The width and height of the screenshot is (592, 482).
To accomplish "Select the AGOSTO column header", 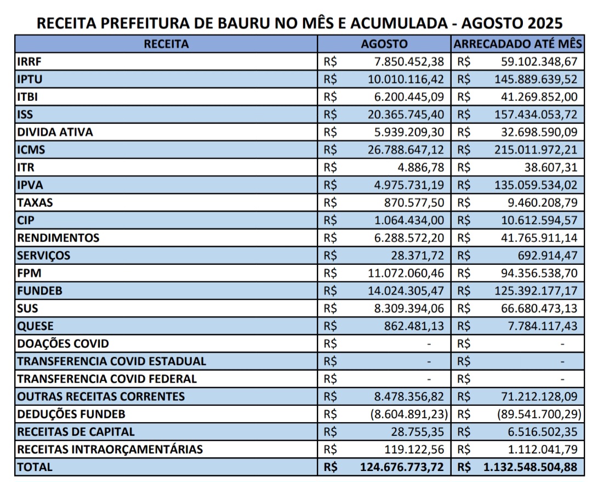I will pyautogui.click(x=384, y=44).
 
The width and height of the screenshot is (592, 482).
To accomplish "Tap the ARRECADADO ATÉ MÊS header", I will pyautogui.click(x=519, y=44).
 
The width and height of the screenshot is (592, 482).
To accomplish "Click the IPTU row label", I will pyautogui.click(x=30, y=79).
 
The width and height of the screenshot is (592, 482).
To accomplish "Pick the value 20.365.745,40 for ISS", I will pyautogui.click(x=406, y=115).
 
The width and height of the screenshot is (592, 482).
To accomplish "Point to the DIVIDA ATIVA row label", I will pyautogui.click(x=55, y=132).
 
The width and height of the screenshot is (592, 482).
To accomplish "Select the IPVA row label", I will pyautogui.click(x=30, y=185).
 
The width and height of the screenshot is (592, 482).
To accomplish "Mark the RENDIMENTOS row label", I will pyautogui.click(x=59, y=238).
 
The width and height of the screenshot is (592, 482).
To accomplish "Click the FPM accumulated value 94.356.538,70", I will pyautogui.click(x=539, y=273).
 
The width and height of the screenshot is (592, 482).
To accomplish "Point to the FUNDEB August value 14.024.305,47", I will pyautogui.click(x=406, y=291).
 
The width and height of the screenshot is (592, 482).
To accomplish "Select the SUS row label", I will pyautogui.click(x=28, y=308).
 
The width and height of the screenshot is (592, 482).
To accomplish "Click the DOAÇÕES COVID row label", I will pyautogui.click(x=64, y=344).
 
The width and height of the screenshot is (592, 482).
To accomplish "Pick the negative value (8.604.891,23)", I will pyautogui.click(x=409, y=414).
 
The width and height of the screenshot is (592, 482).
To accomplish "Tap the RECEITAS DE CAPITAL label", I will pyautogui.click(x=76, y=432).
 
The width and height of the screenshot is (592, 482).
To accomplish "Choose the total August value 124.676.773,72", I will pyautogui.click(x=402, y=467).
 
